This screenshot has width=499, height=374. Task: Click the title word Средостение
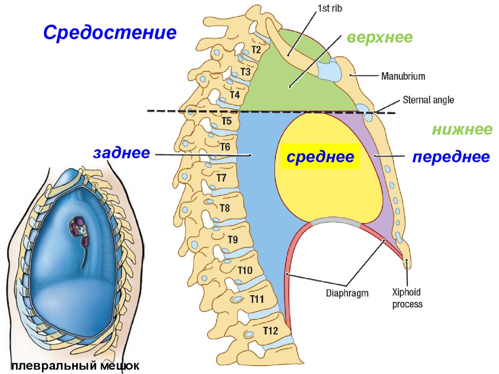109,33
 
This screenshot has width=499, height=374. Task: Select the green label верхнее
380,37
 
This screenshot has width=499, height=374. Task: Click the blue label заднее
121,153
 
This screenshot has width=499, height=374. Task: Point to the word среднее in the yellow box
320,157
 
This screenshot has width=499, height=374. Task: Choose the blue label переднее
451,157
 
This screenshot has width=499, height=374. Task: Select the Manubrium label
403,76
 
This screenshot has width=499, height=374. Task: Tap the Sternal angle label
428,100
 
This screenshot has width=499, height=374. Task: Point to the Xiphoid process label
407,298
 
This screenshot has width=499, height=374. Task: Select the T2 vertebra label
256,49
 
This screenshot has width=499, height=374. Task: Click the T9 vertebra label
233,239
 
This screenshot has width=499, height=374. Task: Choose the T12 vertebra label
270,331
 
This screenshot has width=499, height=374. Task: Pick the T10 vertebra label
245,270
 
